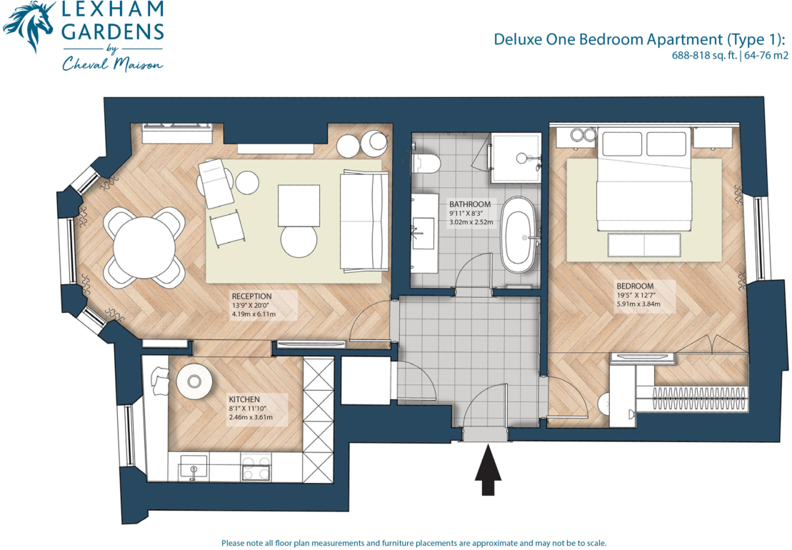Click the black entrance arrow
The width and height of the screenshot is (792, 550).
coord(488,470)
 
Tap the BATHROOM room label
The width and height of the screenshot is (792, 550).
coord(470,204)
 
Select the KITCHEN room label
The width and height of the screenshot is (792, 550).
coord(244,399)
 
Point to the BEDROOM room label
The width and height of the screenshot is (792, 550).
coord(635,286)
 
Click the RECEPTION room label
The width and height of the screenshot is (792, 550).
coord(251,296)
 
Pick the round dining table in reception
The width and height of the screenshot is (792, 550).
coord(144,247)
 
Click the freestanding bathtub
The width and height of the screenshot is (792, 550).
coord(518,235)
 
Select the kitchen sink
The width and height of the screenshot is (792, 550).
coord(194,467)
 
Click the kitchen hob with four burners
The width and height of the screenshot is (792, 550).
coord(256,467)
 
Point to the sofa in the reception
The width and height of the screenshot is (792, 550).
coord(364,221)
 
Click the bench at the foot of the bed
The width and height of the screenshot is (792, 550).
coord(644,245)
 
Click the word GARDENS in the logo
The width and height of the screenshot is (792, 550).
coord(114,32)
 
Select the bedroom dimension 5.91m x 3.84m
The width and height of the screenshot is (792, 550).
coord(638,304)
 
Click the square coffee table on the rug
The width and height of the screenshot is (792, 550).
coord(299,206)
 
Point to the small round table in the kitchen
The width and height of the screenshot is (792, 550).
coord(194,381)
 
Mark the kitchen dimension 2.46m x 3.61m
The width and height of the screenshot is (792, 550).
coord(251,417)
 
